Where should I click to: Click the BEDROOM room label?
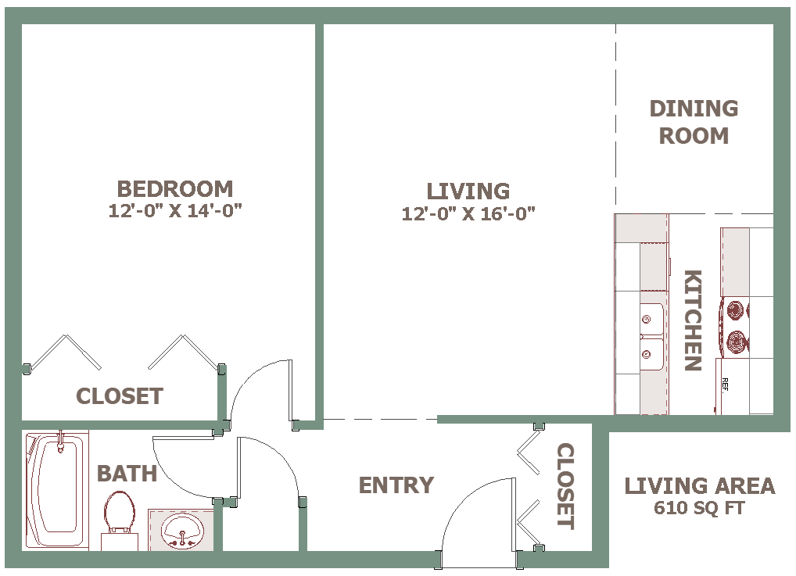pos(175,189)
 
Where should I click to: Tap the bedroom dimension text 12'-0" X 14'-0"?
pos(175,210)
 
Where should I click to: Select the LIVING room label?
pos(468,191)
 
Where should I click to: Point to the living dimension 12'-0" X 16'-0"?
pos(468,213)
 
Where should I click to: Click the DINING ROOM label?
pos(694,122)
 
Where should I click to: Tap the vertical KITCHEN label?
pos(693,320)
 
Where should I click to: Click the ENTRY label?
pos(396,485)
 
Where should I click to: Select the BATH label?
pos(127,474)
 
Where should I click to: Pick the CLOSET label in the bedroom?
pos(120,395)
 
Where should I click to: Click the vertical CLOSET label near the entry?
pos(565,486)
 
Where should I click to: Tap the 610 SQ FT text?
pos(700,507)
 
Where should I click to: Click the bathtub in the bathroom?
pos(57,490)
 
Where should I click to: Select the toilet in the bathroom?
pos(120,519)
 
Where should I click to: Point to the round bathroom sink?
pos(182,531)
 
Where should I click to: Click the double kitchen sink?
pos(652,337)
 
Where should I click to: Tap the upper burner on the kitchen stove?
pos(736,310)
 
